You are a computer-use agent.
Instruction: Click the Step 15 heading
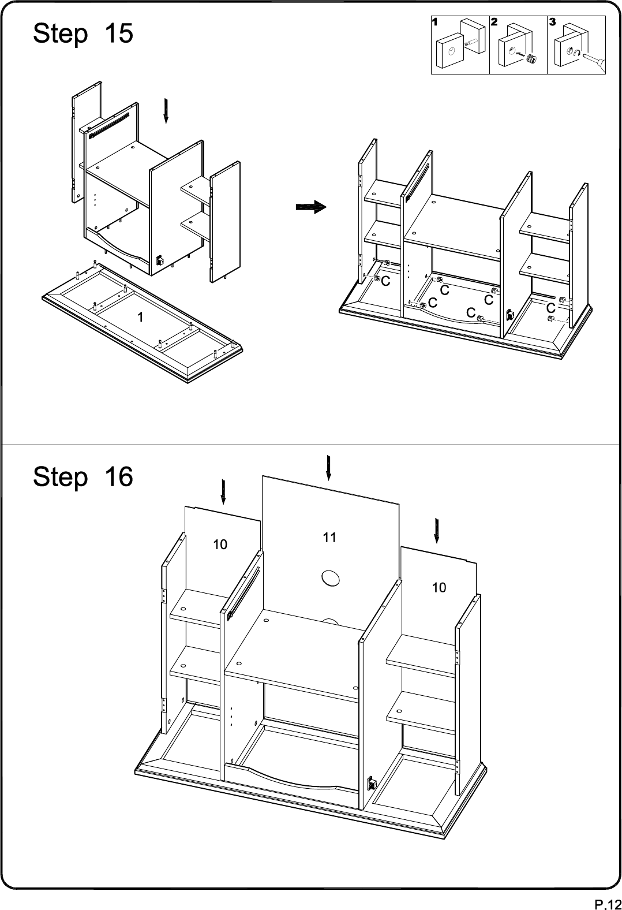pos(83,33)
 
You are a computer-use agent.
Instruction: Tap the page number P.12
pos(608,904)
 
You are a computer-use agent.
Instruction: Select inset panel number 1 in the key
pos(460,44)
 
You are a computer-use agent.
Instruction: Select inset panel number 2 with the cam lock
pos(519,44)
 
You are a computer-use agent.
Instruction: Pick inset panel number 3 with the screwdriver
pos(576,44)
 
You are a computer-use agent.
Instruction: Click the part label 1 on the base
pos(140,317)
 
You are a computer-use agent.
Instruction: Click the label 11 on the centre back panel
pos(329,538)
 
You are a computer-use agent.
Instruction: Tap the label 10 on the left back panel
pos(220,544)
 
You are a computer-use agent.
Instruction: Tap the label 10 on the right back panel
pos(439,587)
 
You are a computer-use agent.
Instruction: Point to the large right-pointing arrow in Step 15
pos(311,207)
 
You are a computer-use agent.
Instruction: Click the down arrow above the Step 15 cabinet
pos(166,110)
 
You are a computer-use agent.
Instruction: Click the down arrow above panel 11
pos(328,468)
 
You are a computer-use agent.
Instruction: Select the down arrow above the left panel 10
pos(223,492)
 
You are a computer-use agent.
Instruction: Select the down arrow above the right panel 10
pos(436,531)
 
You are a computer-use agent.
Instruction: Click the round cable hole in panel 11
pos(331,578)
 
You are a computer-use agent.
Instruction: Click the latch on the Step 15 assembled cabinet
pos(509,315)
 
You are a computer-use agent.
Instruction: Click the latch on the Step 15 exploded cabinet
pos(160,260)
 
